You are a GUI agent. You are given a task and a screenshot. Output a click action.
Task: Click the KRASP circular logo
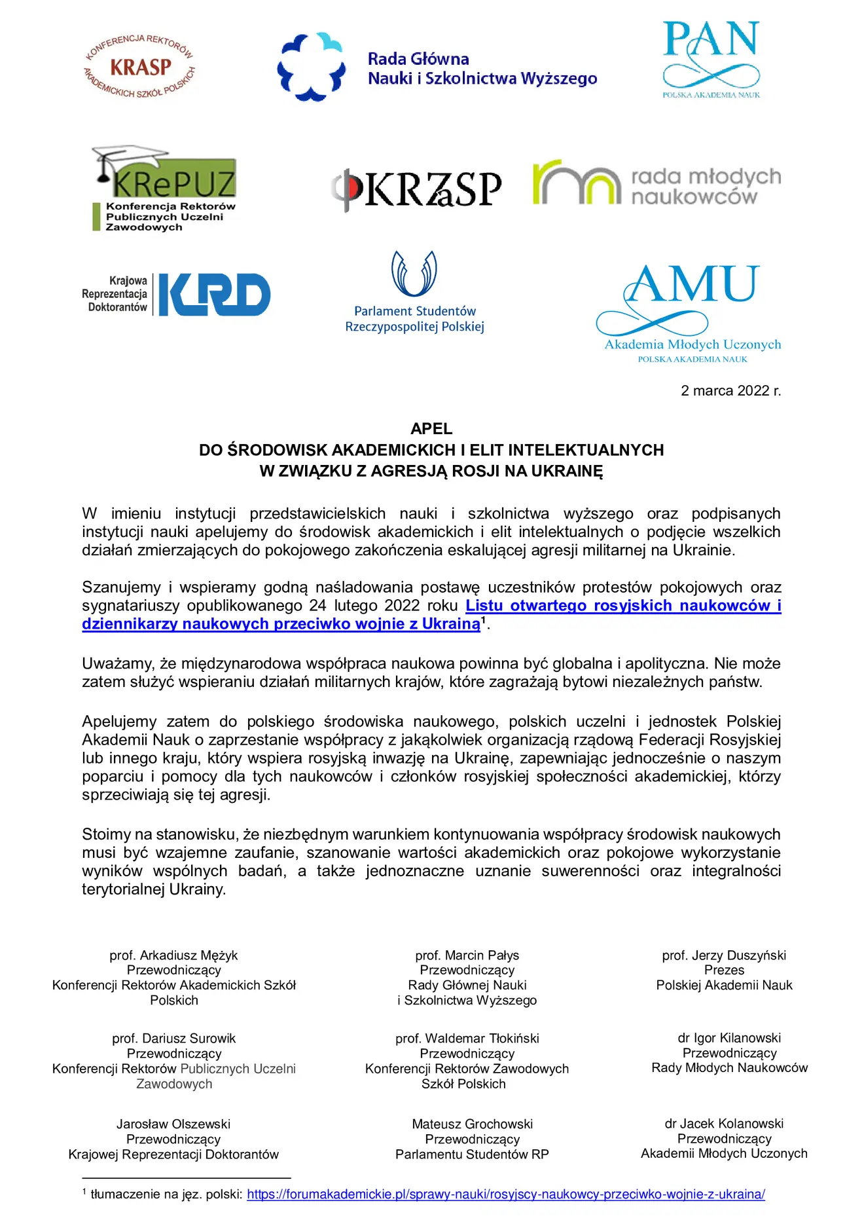139,66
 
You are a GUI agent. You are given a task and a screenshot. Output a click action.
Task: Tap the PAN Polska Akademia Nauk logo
711,58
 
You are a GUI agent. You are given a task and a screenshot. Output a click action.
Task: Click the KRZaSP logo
417,189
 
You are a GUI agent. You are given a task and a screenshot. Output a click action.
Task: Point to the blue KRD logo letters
214,295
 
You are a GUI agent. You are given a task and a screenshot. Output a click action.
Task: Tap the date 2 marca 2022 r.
730,391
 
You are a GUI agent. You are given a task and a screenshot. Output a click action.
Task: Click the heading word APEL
431,429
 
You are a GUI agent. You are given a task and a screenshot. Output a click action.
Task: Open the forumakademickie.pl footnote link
505,1194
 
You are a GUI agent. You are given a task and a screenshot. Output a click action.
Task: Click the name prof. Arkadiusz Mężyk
173,955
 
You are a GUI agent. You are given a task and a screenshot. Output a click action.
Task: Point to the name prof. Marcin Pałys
467,955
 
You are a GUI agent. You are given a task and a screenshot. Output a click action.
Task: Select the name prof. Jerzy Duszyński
724,955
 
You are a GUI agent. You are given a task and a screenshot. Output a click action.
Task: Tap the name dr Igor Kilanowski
729,1038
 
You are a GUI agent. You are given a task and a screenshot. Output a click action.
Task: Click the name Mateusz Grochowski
472,1124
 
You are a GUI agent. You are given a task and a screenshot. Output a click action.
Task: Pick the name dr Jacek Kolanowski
724,1124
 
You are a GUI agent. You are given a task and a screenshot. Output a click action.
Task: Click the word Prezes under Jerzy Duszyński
724,970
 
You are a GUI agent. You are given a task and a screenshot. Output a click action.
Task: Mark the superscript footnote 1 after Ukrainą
484,620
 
